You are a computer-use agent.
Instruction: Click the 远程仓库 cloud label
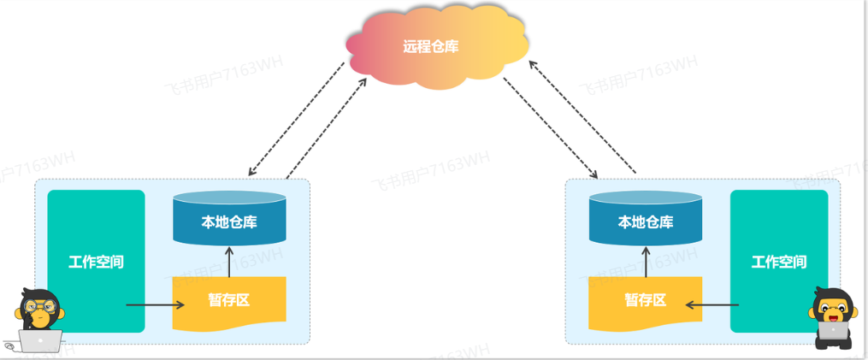(431, 46)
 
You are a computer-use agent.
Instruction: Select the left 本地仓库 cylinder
(229, 221)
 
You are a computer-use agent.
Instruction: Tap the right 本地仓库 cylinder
(646, 221)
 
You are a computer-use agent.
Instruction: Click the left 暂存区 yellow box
(229, 301)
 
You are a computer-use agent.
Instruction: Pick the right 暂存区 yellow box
(646, 301)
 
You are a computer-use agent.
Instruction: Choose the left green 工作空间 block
(96, 261)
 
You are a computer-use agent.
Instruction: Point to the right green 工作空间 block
(778, 261)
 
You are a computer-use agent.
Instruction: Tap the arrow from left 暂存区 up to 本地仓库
(229, 261)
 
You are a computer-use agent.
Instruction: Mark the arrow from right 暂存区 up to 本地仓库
(646, 261)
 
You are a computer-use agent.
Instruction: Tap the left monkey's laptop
(39, 341)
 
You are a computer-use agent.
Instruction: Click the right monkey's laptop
(832, 331)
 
